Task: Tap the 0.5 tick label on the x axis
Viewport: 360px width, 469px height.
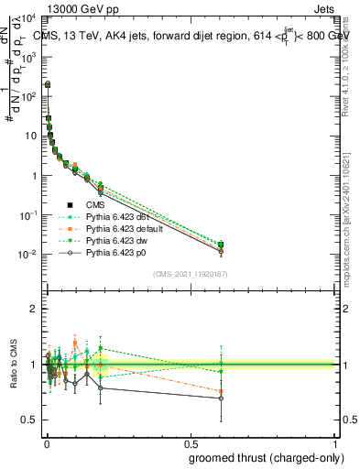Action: (191, 442)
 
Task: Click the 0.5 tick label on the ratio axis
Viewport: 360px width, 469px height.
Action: (29, 420)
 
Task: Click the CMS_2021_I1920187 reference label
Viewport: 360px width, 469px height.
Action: (190, 274)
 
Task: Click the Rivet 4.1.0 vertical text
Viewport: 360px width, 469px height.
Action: (351, 64)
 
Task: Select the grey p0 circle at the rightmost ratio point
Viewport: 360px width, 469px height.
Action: (221, 398)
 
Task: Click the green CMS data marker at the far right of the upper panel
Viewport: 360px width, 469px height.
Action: (221, 245)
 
